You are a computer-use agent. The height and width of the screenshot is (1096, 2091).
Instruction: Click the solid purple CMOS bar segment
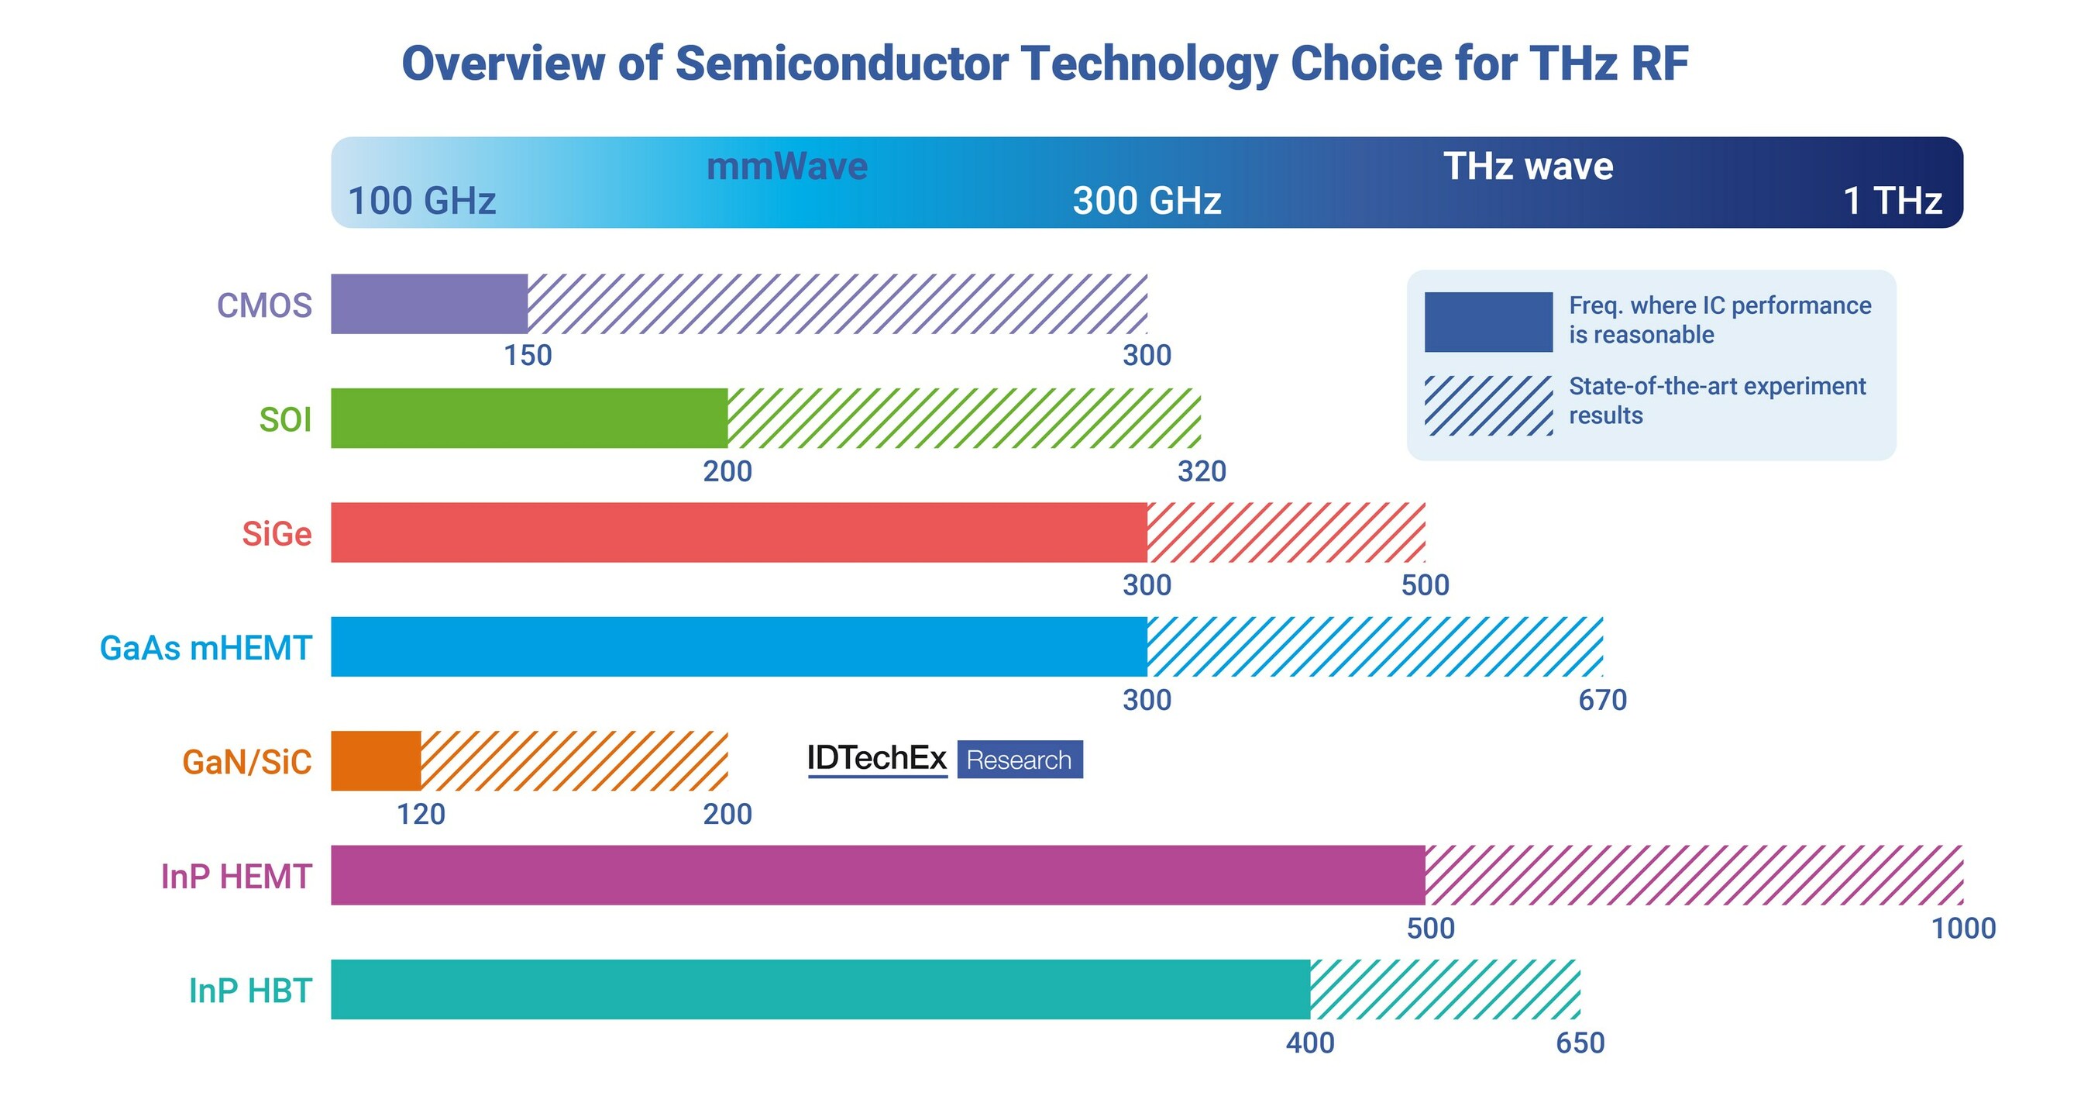pyautogui.click(x=428, y=304)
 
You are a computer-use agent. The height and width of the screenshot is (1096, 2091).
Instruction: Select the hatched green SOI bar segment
pyautogui.click(x=964, y=418)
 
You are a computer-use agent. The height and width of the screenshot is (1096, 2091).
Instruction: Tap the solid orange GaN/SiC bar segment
pyautogui.click(x=375, y=760)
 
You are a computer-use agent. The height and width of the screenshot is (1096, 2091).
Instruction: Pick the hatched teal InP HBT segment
pyautogui.click(x=1444, y=989)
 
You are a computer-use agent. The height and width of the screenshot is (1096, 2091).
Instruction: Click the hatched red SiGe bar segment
pyautogui.click(x=1285, y=532)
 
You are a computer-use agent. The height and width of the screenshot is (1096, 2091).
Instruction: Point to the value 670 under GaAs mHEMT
pyautogui.click(x=1601, y=700)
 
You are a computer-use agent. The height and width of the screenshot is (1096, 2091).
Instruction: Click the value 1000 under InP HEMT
pyautogui.click(x=1962, y=928)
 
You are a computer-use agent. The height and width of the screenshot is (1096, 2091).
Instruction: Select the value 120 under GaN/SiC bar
pyautogui.click(x=421, y=814)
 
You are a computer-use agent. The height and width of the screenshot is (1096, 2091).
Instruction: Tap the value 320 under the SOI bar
pyautogui.click(x=1202, y=470)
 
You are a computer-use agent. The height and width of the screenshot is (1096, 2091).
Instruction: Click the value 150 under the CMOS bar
pyautogui.click(x=528, y=356)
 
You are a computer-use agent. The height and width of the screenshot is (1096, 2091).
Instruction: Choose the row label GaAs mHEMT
pyautogui.click(x=205, y=648)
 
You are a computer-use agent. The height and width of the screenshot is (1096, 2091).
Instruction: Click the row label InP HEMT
pyautogui.click(x=236, y=876)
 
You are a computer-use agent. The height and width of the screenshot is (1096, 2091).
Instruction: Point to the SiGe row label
pyautogui.click(x=276, y=533)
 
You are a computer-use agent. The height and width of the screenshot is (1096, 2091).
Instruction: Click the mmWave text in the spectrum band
pyautogui.click(x=786, y=167)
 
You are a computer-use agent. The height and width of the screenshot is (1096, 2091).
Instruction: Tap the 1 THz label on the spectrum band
pyautogui.click(x=1892, y=201)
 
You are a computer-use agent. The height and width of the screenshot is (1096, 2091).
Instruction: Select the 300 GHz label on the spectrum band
pyautogui.click(x=1146, y=201)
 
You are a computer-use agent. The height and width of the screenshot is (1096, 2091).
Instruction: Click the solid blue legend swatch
pyautogui.click(x=1488, y=322)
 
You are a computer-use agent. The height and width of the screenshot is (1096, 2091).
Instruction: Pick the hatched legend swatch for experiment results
pyautogui.click(x=1488, y=405)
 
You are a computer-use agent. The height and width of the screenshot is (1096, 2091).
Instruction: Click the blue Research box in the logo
pyautogui.click(x=1019, y=760)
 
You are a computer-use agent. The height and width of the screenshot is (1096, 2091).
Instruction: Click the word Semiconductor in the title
pyautogui.click(x=842, y=64)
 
